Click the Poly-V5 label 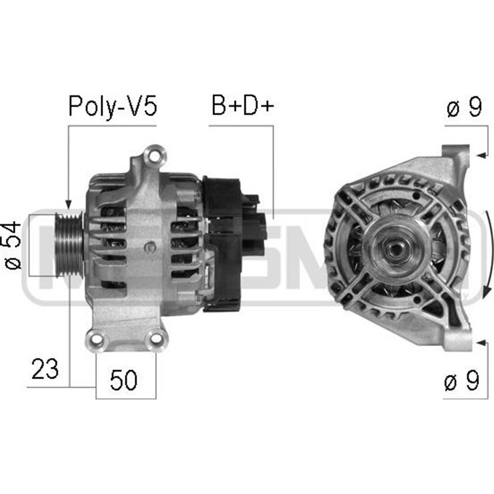pos(112,106)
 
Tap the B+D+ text pos(242,106)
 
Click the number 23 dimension pos(46,369)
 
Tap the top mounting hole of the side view pos(154,153)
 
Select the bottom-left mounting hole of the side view pos(95,337)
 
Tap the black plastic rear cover pos(222,244)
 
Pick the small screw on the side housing pos(148,248)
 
